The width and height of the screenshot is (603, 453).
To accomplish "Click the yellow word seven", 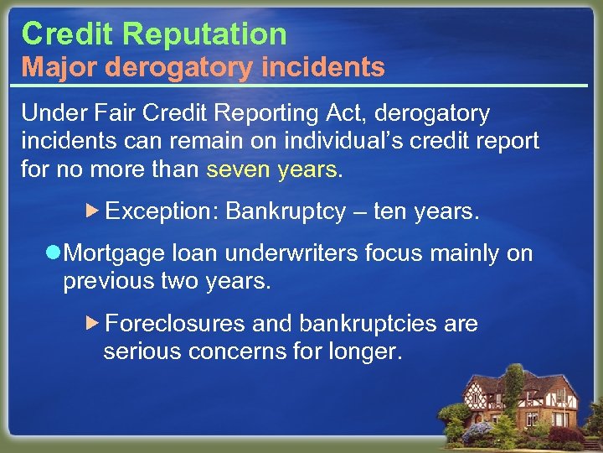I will click(x=239, y=169).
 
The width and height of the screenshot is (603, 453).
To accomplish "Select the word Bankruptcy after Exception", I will click(x=286, y=212).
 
